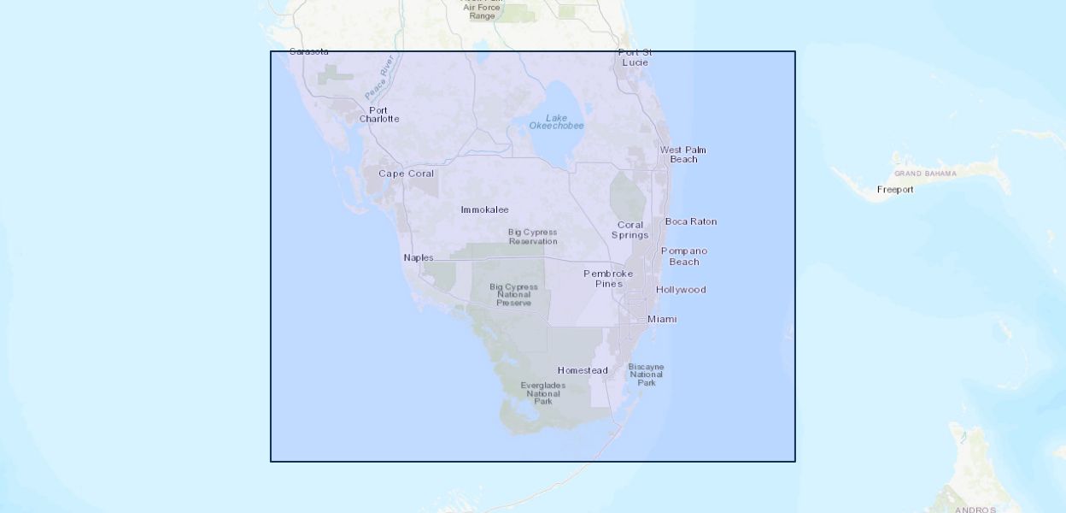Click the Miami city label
tap(662, 319)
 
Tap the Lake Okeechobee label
tap(556, 122)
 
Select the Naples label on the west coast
tap(419, 257)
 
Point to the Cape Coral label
tap(407, 174)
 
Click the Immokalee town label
tap(484, 209)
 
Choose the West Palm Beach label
tap(683, 154)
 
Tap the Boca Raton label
tap(691, 221)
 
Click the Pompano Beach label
tap(684, 256)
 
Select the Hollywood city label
tap(681, 290)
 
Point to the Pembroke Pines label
tap(609, 278)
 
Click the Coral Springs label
tap(630, 230)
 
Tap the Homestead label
tap(583, 370)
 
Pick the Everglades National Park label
tap(543, 392)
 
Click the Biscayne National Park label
tap(647, 374)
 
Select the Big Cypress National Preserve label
tap(513, 295)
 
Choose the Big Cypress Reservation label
tap(533, 236)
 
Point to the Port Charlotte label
tap(378, 115)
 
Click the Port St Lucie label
tap(635, 57)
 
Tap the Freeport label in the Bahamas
tap(895, 190)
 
